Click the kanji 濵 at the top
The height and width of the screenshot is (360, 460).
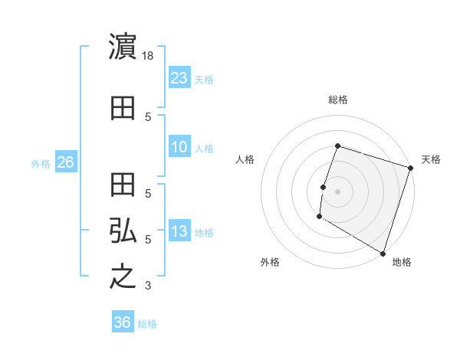123,47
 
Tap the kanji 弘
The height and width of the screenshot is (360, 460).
123,231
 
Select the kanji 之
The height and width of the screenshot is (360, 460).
123,277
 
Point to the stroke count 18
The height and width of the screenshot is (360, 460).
149,56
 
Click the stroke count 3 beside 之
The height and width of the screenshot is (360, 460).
148,286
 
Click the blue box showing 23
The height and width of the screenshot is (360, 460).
179,78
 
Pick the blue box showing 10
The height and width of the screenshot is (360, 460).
179,147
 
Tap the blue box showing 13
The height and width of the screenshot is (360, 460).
179,231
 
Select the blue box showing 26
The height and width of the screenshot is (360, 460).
65,162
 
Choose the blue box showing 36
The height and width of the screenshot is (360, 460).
122,322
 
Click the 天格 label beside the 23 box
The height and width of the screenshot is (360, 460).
204,80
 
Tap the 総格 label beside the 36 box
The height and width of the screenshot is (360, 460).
147,324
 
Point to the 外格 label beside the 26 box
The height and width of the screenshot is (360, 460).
41,164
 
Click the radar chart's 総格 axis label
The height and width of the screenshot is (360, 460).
338,100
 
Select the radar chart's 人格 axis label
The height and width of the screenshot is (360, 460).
245,159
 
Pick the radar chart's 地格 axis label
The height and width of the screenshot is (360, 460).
402,263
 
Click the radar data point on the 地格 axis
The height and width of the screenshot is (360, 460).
382,252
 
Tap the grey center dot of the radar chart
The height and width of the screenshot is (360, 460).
337,191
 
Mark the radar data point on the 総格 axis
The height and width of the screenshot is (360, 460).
337,146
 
